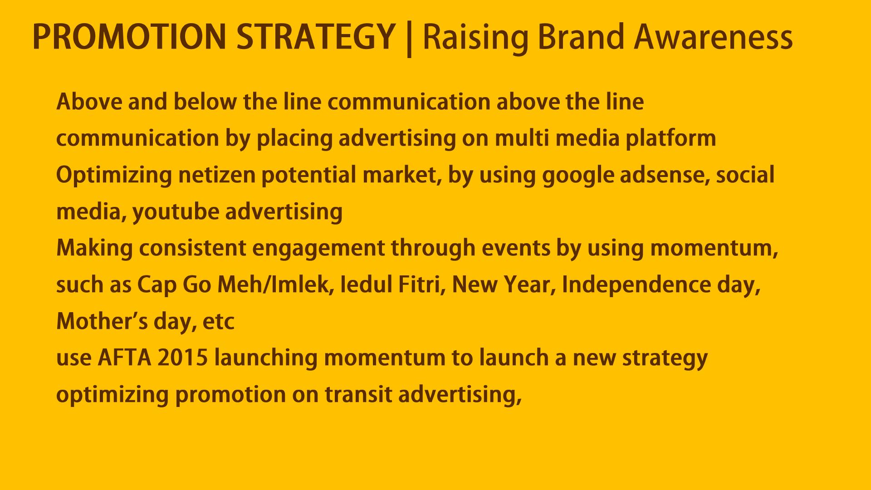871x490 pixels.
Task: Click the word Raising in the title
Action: pyautogui.click(x=476, y=39)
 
